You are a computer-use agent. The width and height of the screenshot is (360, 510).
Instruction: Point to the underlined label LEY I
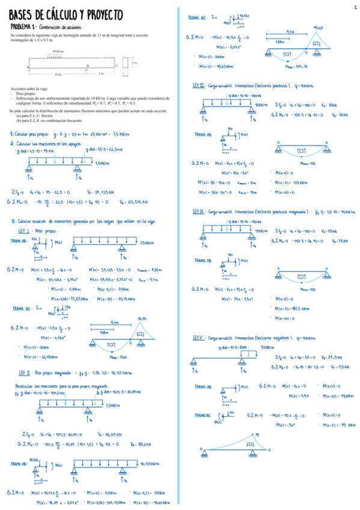point(23,230)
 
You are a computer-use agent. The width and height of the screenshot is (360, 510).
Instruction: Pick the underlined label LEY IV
point(199,212)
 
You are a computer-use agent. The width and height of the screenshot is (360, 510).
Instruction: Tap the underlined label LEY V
point(199,338)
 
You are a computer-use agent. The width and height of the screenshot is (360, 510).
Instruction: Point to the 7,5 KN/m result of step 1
point(103,134)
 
